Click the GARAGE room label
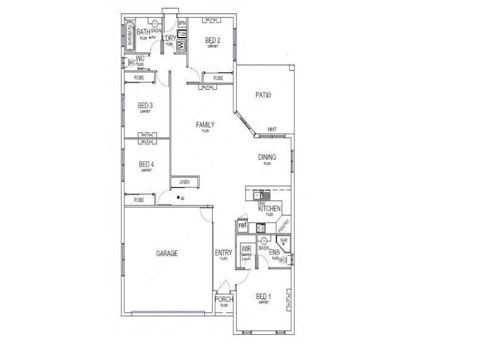[x=166, y=254]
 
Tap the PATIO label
[x=262, y=95]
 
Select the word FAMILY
[x=205, y=125]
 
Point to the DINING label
[x=267, y=157]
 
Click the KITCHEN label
[x=269, y=209]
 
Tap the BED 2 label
[x=212, y=41]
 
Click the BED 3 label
[x=145, y=106]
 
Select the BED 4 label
[x=146, y=164]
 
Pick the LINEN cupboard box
[x=184, y=181]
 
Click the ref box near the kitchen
[x=242, y=226]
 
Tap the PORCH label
[x=224, y=300]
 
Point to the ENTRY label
[x=223, y=253]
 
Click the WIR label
[x=246, y=249]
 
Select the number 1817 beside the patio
[x=272, y=129]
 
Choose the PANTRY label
[x=283, y=226]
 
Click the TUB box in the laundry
[x=182, y=33]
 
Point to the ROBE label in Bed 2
[x=217, y=78]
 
